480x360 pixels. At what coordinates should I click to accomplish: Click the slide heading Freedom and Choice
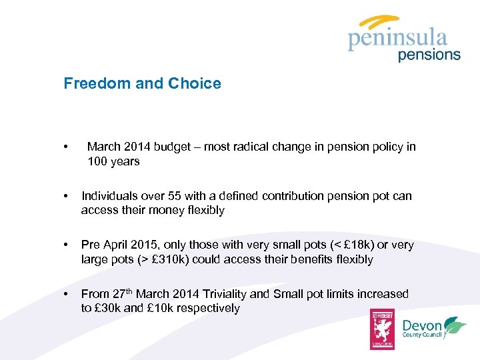(x=142, y=83)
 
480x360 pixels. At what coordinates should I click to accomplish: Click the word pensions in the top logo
(x=429, y=55)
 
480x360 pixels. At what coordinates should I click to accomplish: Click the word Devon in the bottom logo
(x=422, y=325)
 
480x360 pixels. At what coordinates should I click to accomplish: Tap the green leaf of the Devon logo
(x=455, y=325)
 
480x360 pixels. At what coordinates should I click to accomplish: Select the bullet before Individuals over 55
(x=65, y=197)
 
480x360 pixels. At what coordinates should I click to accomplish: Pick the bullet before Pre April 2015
(x=65, y=245)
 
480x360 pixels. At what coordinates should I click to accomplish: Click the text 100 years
(x=113, y=161)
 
